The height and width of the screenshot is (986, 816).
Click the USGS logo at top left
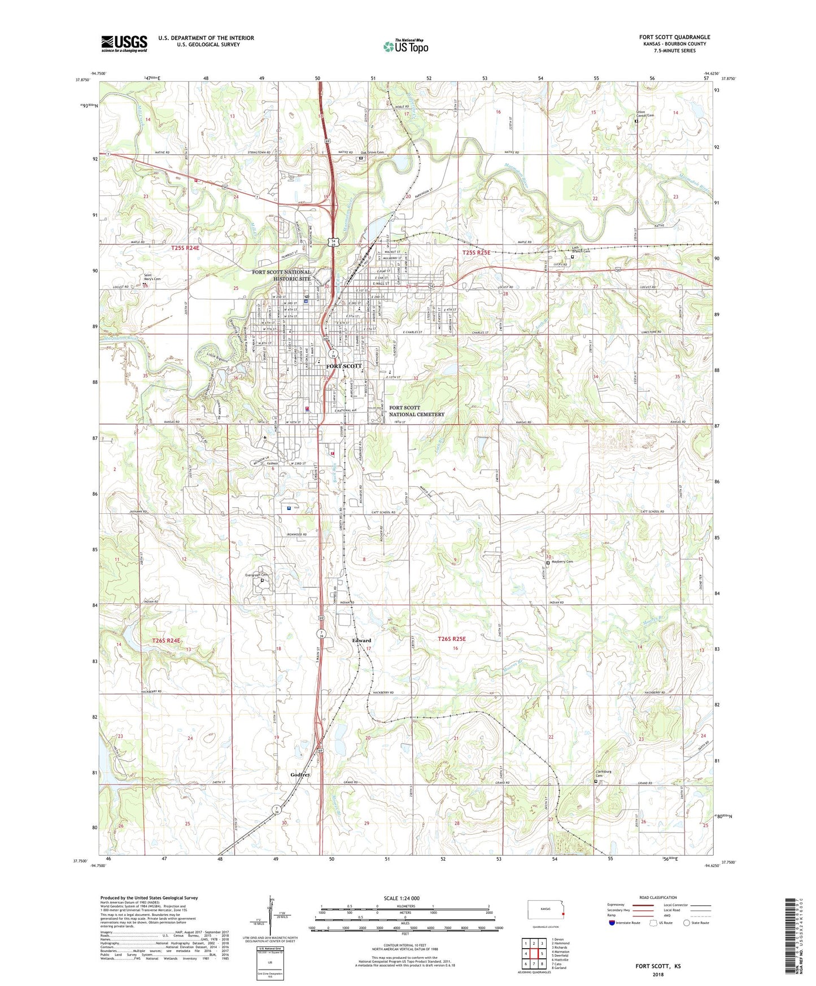124,43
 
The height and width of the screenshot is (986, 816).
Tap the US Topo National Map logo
405,46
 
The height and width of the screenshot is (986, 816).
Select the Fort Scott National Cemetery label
416,411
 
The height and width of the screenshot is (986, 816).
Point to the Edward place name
361,640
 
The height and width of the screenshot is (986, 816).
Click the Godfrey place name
300,775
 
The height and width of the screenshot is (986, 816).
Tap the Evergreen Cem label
256,575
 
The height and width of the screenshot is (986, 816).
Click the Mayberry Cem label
562,561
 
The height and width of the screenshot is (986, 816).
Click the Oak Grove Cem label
372,152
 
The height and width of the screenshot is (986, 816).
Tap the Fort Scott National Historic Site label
281,275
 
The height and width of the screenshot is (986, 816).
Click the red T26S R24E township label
167,640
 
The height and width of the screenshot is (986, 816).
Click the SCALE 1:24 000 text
402,898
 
